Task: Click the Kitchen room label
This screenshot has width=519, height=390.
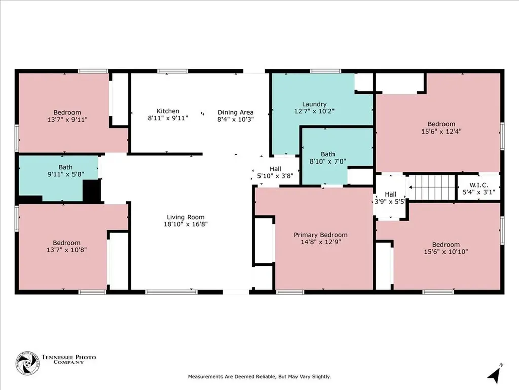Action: [168, 111]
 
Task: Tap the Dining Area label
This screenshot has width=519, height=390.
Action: [236, 112]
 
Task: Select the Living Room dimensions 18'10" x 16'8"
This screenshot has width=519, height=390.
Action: [185, 224]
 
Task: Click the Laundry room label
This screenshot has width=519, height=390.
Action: [314, 104]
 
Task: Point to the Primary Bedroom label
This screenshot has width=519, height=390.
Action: [321, 235]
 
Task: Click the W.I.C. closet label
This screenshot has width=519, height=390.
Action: [479, 185]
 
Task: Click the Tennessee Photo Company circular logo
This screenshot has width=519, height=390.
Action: [27, 364]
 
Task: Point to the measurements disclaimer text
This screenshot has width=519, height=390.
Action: [259, 377]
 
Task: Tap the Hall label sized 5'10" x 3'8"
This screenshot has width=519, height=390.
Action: [275, 172]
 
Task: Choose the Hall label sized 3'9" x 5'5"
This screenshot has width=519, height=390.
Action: [390, 198]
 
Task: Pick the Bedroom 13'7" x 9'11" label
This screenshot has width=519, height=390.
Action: [67, 116]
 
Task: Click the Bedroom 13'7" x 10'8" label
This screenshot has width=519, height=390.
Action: [67, 246]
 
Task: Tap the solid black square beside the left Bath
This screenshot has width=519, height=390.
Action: [92, 190]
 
